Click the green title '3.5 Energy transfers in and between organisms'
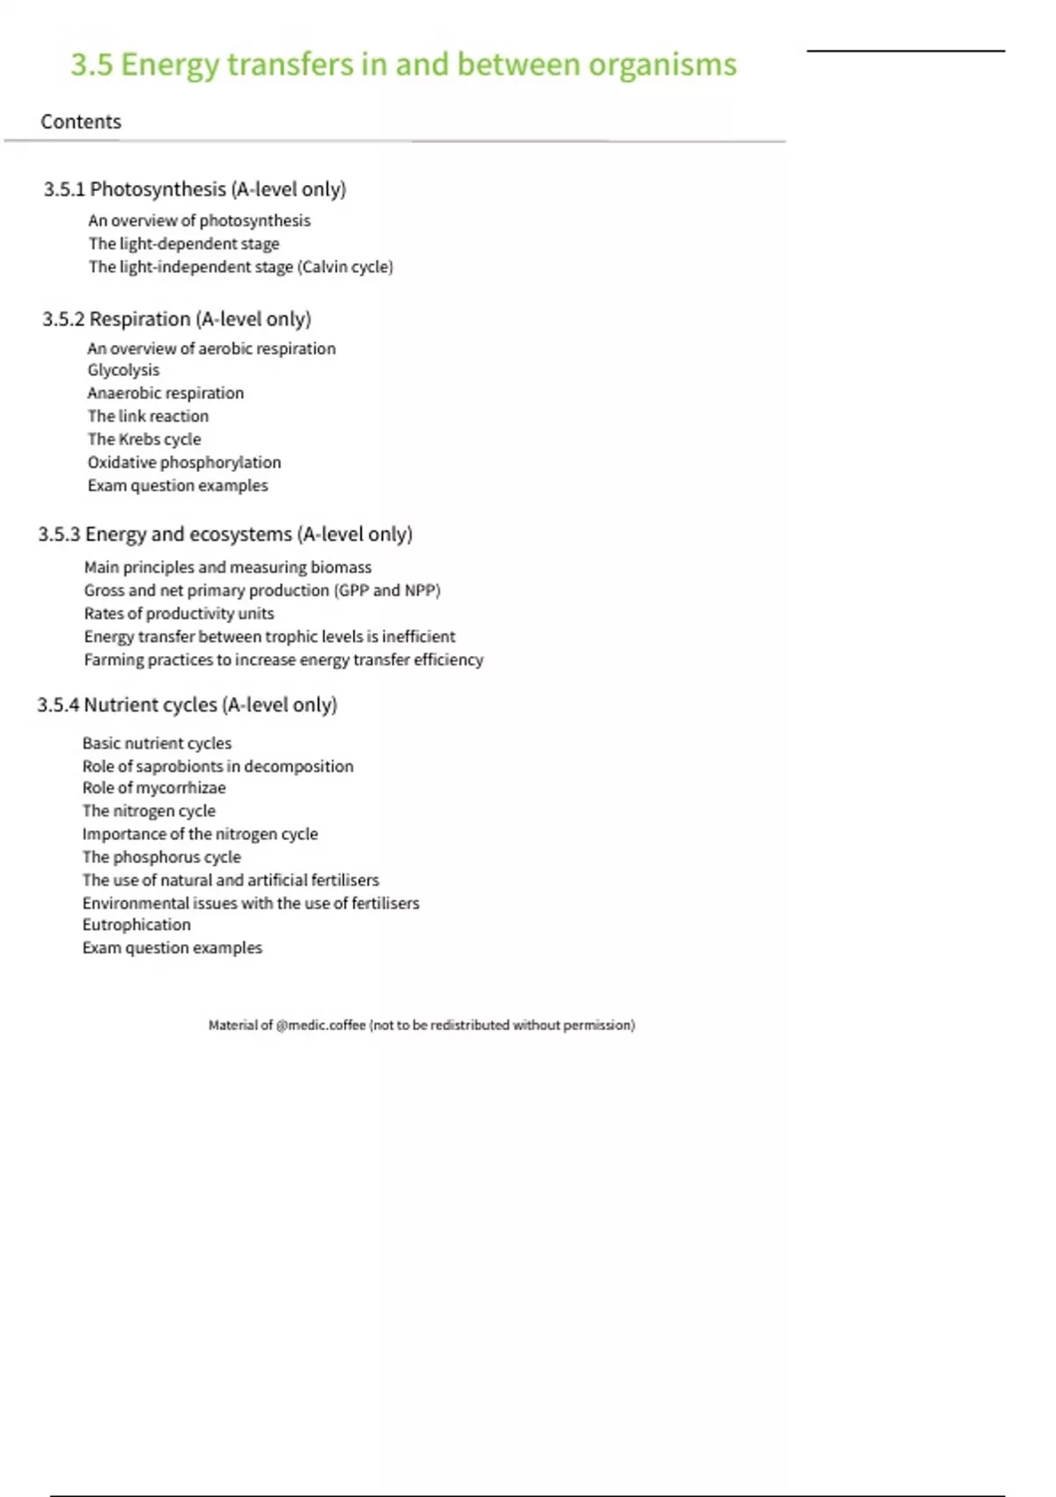[x=403, y=65]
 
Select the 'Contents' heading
[x=81, y=122]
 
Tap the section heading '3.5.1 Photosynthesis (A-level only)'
[x=194, y=189]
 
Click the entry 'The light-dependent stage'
[x=184, y=244]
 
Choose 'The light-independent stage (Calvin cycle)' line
[x=240, y=267]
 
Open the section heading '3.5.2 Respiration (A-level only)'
[x=177, y=319]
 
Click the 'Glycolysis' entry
[x=123, y=371]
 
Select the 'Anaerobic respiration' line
[x=165, y=394]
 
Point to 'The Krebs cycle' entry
[x=144, y=439]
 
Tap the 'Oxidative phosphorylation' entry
[x=184, y=462]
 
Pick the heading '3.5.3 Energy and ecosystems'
[x=225, y=535]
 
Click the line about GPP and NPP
[x=262, y=591]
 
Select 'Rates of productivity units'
[x=179, y=614]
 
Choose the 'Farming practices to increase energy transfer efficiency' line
[x=283, y=660]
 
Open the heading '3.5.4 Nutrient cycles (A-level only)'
[x=187, y=705]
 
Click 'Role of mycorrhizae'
[x=154, y=788]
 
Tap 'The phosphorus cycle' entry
[x=161, y=857]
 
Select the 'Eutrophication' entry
[x=136, y=925]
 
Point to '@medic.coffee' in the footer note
[x=320, y=1025]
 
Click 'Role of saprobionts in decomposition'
[x=217, y=766]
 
